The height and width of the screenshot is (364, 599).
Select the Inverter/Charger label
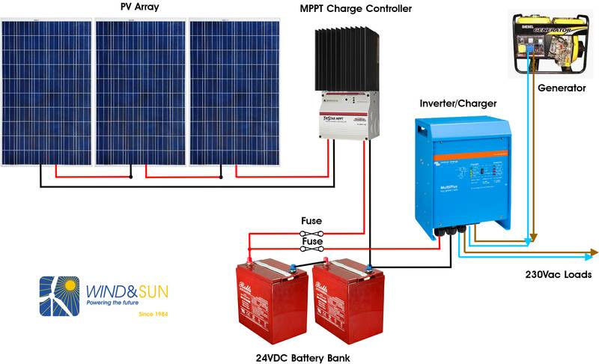pyautogui.click(x=458, y=103)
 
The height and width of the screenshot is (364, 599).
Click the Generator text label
pyautogui.click(x=561, y=88)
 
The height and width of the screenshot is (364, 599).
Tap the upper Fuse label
pyautogui.click(x=311, y=222)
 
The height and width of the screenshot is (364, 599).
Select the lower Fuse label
pyautogui.click(x=311, y=241)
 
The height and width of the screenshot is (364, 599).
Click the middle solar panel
pyautogui.click(x=141, y=91)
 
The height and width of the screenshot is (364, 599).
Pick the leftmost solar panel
pyautogui.click(x=46, y=91)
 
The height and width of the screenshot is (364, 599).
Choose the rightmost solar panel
pyautogui.click(x=234, y=91)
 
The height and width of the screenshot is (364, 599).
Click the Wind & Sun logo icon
pyautogui.click(x=59, y=297)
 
